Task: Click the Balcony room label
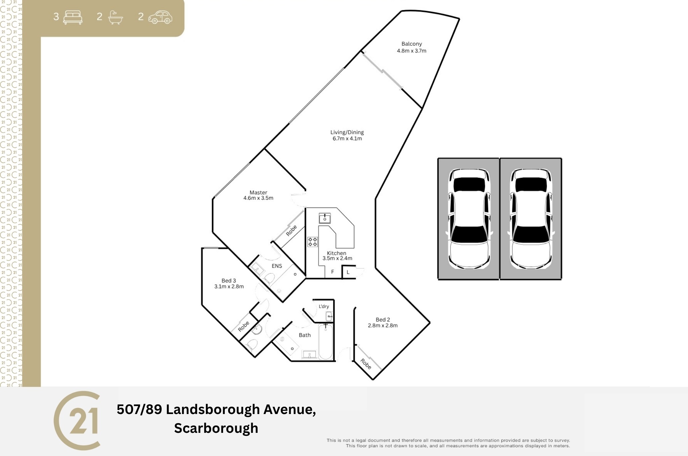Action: [x=412, y=44]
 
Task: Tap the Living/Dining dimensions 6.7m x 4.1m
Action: [x=347, y=138]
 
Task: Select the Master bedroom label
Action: [x=258, y=192]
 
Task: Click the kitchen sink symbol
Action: [x=325, y=218]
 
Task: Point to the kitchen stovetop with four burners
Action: [x=312, y=242]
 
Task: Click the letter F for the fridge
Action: [x=333, y=272]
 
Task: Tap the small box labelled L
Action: [x=348, y=272]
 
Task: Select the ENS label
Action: [x=277, y=266]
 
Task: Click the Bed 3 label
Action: [x=229, y=280]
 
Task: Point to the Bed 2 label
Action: [x=383, y=320]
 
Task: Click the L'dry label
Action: [x=324, y=306]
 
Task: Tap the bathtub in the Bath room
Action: [x=326, y=341]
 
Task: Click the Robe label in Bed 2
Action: [x=366, y=364]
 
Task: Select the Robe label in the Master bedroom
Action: [x=291, y=230]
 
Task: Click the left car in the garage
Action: [x=469, y=219]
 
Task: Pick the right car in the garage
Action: [x=531, y=219]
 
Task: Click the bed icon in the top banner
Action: [x=73, y=17]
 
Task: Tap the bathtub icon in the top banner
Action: [x=116, y=17]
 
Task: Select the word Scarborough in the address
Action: [x=216, y=428]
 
